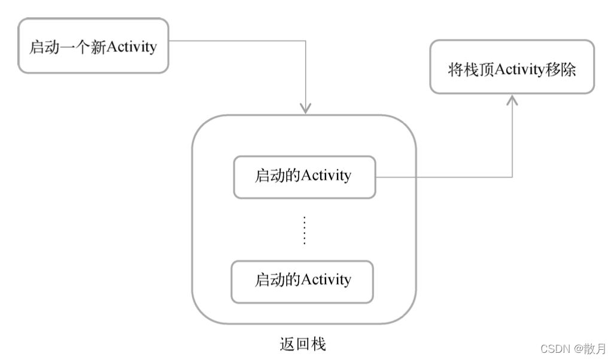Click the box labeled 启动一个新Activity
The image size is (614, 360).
(93, 46)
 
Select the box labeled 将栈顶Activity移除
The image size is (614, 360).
(512, 67)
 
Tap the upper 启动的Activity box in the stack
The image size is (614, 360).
(304, 177)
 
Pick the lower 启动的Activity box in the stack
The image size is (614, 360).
(302, 280)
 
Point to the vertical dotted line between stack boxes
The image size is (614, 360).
(304, 230)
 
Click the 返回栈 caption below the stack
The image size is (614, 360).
(303, 344)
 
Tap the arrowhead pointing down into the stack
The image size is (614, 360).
(306, 108)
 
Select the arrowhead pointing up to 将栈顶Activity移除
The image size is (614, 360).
(512, 100)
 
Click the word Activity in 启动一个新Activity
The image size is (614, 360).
(131, 47)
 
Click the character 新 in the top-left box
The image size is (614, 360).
(98, 47)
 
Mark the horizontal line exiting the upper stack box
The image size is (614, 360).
(443, 177)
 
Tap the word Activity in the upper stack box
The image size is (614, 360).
(326, 176)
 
